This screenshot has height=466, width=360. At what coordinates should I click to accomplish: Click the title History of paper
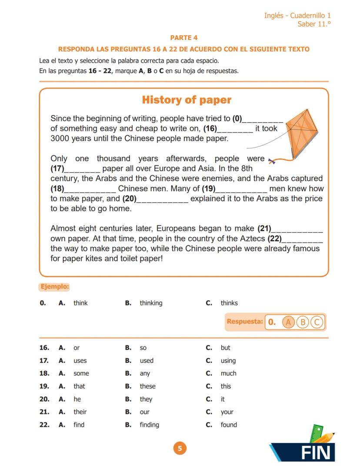coord(187,100)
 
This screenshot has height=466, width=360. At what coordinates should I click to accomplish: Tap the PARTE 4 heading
coord(183,38)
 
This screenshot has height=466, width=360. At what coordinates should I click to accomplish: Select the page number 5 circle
coord(180,448)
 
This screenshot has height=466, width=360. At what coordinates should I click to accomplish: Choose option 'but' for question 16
coord(225,348)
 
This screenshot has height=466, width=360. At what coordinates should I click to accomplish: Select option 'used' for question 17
coord(147,361)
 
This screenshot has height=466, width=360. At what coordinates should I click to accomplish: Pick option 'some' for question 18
coord(81,373)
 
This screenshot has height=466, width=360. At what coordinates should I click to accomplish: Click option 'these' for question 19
coord(147,386)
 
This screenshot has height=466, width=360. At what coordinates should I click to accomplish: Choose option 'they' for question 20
coord(146,399)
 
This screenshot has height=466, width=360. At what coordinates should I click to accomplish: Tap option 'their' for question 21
coord(80,412)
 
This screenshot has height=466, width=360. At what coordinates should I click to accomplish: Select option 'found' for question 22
coord(229,425)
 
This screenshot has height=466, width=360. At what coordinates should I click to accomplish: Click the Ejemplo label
coord(54,287)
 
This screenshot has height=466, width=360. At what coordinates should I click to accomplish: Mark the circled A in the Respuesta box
coord(288,322)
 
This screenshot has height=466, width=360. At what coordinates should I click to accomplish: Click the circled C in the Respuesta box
coord(317,322)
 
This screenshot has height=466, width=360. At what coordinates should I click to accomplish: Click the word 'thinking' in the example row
coord(151,303)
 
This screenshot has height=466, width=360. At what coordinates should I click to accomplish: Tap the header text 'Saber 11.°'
coord(313,24)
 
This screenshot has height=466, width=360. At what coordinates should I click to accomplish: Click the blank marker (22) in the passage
coord(274,238)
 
